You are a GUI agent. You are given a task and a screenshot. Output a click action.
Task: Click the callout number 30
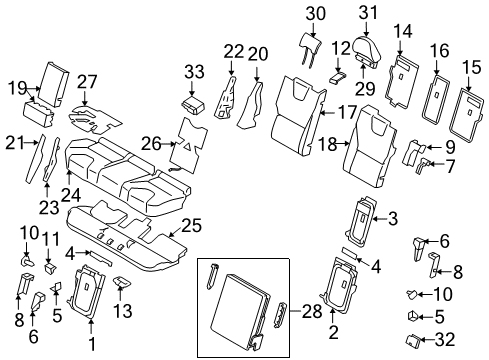(x=316, y=13)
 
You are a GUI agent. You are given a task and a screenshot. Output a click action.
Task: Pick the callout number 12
(x=342, y=47)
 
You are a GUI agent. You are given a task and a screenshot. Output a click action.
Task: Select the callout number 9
(x=448, y=146)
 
